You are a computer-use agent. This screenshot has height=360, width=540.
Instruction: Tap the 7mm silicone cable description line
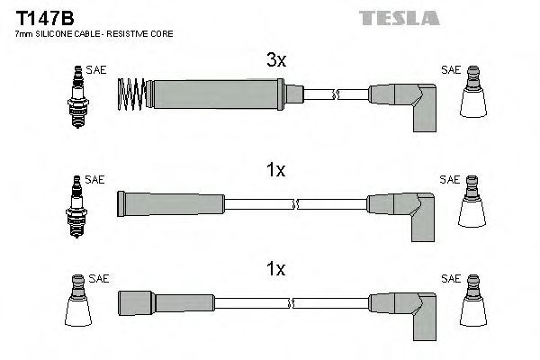[x=94, y=33]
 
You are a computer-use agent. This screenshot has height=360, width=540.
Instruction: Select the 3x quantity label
[x=275, y=61]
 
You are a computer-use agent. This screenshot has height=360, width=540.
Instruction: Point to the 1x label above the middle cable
[x=275, y=169]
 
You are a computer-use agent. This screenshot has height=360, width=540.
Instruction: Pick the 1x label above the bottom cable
[x=275, y=269]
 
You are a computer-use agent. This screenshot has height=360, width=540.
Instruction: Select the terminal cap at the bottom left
[x=77, y=306]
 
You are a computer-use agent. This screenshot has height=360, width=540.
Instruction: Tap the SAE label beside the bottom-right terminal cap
[x=449, y=279]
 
